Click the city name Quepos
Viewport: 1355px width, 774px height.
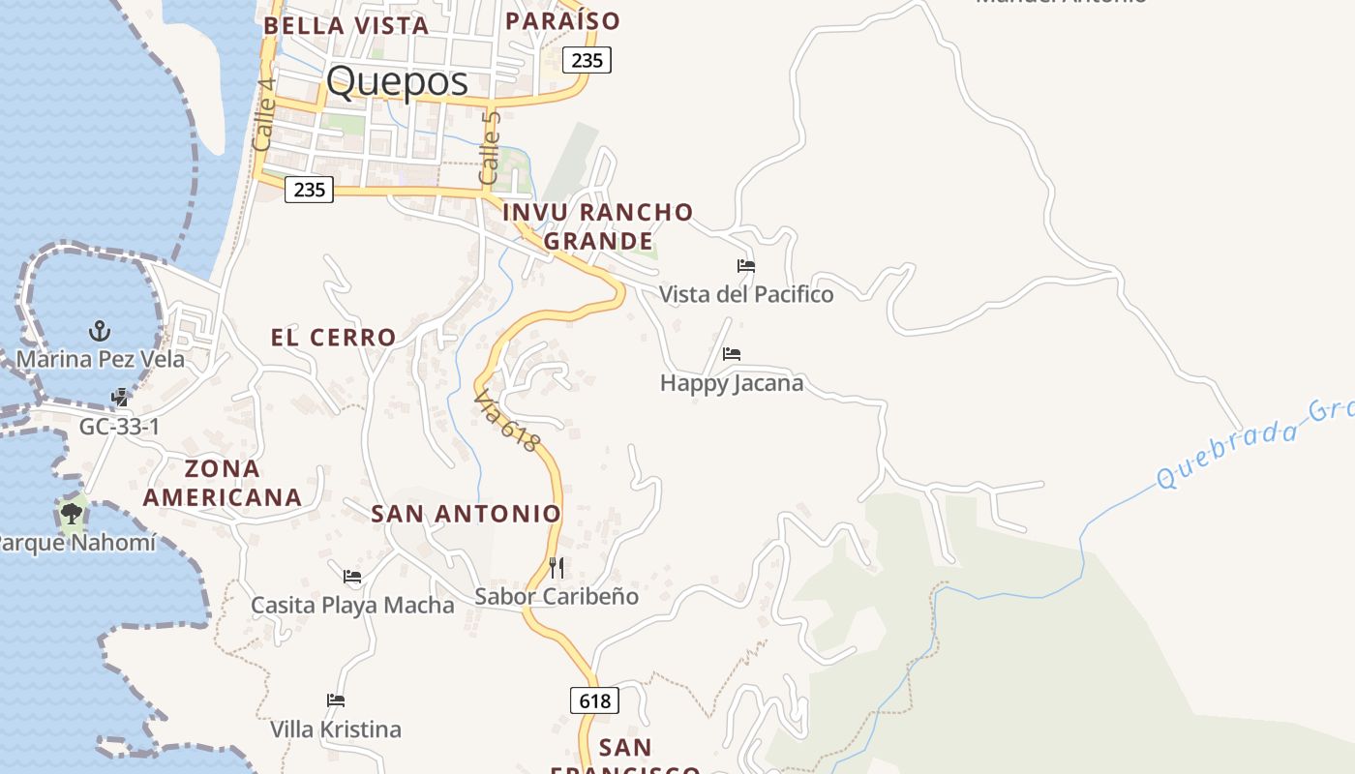point(397,82)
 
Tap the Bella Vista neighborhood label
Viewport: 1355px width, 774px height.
point(346,26)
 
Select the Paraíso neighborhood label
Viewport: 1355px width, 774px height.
point(563,20)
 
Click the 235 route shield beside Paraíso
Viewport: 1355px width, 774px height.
point(587,60)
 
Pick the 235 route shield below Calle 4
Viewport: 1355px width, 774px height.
point(310,190)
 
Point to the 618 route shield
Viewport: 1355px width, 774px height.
point(594,700)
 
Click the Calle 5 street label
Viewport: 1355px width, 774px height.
point(490,147)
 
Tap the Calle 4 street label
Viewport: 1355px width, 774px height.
point(263,113)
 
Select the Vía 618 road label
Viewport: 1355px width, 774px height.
point(507,422)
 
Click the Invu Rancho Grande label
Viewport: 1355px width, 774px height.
point(598,225)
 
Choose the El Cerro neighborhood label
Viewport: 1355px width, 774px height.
point(333,338)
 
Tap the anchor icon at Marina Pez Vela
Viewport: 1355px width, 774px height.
point(100,332)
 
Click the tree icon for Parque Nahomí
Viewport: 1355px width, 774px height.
point(71,513)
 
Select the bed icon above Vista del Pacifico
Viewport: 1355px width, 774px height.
point(745,266)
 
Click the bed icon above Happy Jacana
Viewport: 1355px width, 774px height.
point(732,355)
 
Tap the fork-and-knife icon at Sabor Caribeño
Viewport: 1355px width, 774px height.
point(557,568)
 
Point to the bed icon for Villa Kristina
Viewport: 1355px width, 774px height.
point(336,700)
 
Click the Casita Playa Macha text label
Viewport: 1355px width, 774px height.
point(352,606)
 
